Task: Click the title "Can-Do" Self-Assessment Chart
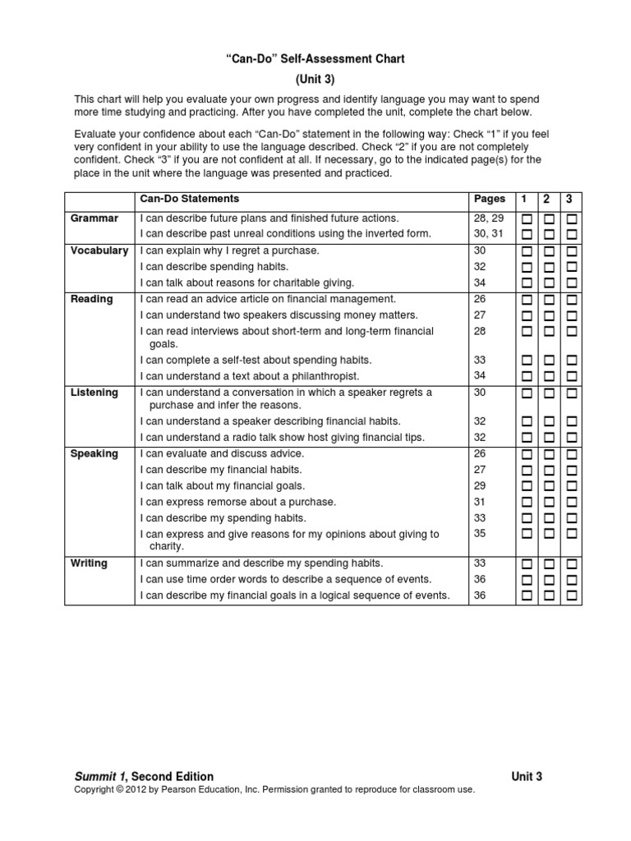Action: [x=315, y=59]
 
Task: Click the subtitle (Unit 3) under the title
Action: [x=315, y=80]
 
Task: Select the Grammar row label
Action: [x=94, y=218]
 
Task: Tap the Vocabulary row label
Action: [x=99, y=250]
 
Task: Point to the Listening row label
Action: [x=94, y=393]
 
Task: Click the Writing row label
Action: [x=89, y=563]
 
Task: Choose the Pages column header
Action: [x=490, y=199]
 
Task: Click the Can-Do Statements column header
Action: [x=190, y=199]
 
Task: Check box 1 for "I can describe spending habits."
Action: [x=526, y=267]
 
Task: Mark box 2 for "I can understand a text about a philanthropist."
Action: [x=549, y=376]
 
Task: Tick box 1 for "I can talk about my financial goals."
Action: [x=526, y=486]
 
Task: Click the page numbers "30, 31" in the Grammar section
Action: [x=486, y=234]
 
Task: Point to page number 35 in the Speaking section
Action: [x=480, y=534]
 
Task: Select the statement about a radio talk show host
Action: [x=282, y=438]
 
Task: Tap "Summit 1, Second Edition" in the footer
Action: [x=144, y=776]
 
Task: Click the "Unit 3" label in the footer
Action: [x=526, y=776]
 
